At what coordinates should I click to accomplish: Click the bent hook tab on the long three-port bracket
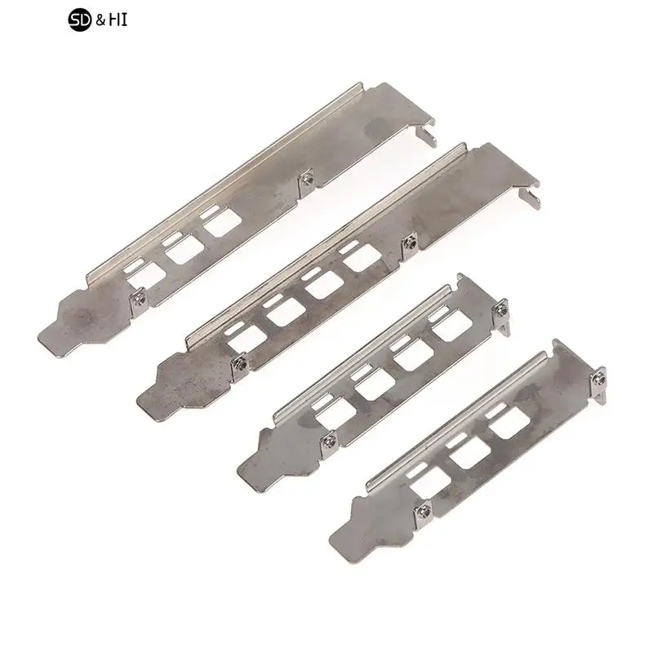pyautogui.click(x=425, y=130)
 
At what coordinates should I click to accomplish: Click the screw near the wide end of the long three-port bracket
pyautogui.click(x=308, y=178)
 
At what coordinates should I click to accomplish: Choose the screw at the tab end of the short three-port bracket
pyautogui.click(x=602, y=377)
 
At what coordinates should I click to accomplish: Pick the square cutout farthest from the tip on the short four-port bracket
pyautogui.click(x=446, y=329)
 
